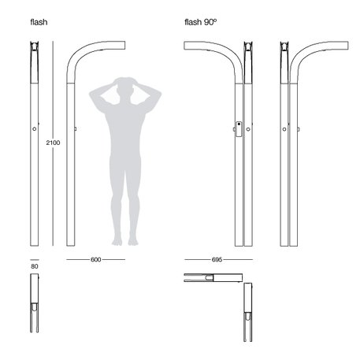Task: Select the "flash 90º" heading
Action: click(200, 22)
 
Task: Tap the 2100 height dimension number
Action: click(54, 143)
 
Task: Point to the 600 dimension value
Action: click(95, 258)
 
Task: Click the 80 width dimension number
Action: click(35, 267)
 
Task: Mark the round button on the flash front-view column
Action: click(35, 128)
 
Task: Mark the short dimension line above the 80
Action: click(35, 258)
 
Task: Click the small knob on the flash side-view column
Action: click(75, 128)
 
